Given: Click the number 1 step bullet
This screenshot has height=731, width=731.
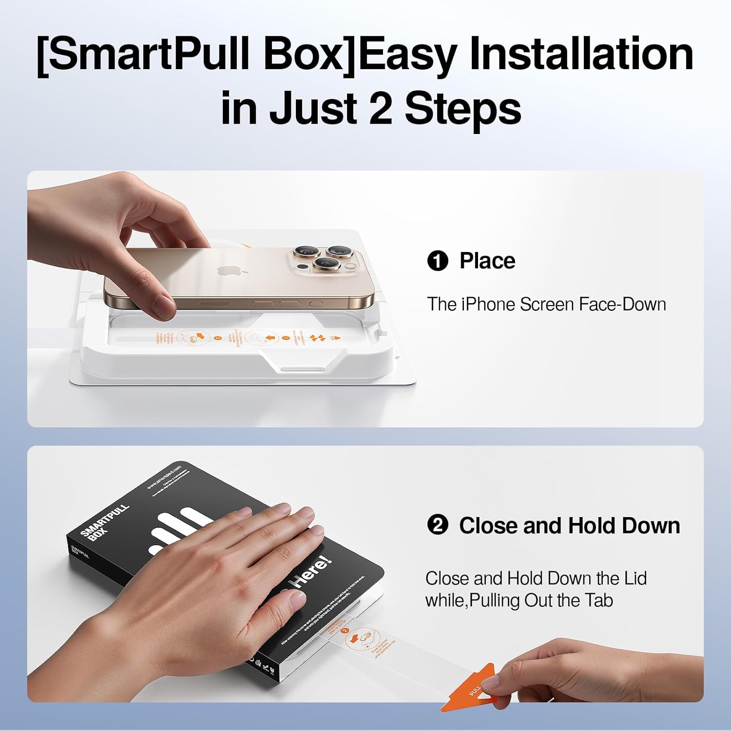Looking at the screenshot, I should tap(437, 261).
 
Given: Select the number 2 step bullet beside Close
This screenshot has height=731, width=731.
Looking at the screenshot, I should tap(437, 526).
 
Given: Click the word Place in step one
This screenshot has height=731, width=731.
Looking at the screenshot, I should tap(487, 261).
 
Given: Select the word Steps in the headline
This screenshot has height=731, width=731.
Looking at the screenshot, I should tap(463, 108).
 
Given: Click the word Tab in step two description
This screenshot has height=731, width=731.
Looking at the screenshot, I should tap(599, 600).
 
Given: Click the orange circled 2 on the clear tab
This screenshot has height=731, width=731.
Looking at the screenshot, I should tap(345, 631).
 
